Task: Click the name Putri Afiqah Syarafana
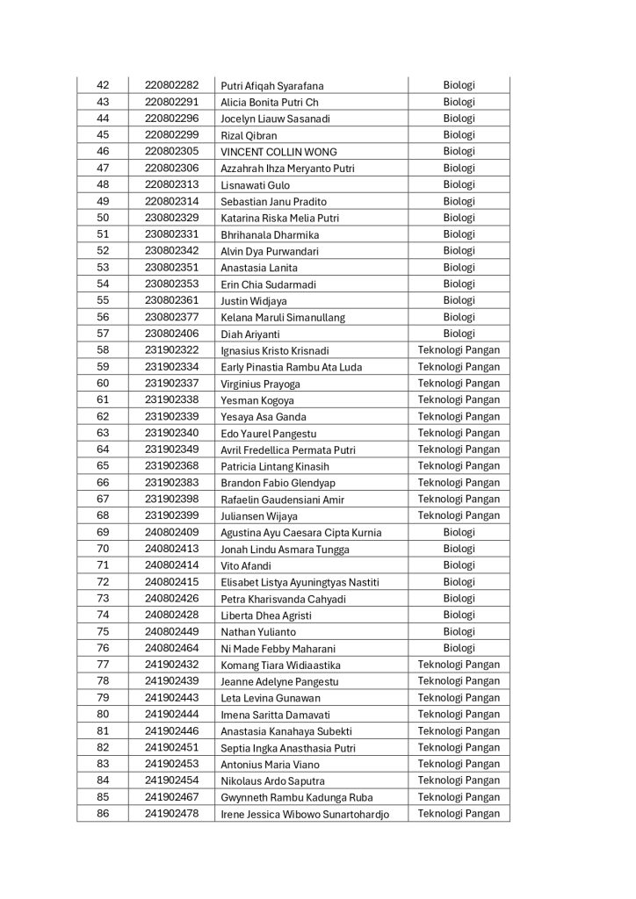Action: coord(272,86)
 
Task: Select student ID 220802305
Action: coord(172,151)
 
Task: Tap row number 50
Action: coord(103,218)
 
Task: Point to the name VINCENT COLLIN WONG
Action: coord(278,152)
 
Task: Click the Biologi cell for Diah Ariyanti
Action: coord(459,334)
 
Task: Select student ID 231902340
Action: coord(172,433)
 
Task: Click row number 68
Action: coord(103,515)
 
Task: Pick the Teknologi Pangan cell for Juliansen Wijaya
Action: coord(459,515)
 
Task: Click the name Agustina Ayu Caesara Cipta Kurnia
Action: coord(301,533)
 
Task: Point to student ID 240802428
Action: coord(172,615)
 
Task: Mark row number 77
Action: coord(103,665)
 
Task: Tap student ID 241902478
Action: coord(172,814)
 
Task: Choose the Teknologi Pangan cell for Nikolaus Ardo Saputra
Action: coord(459,780)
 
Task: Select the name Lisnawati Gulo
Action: coord(256,185)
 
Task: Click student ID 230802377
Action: coord(172,317)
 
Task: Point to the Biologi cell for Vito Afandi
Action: coord(459,565)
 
